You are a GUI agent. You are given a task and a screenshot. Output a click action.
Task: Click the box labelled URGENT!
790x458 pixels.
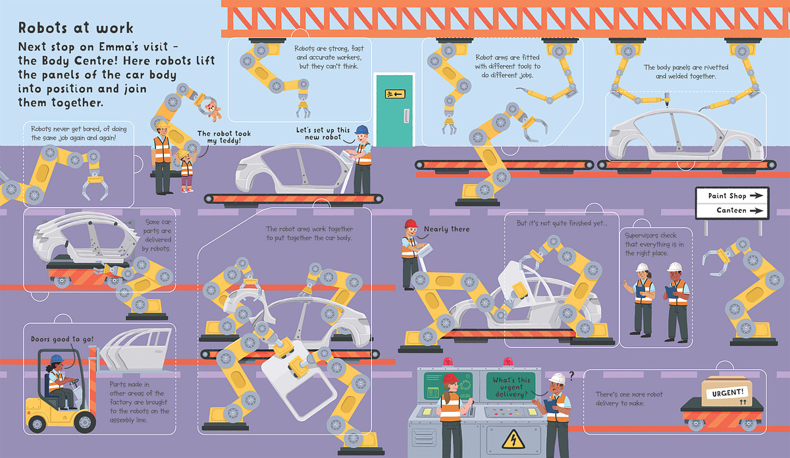(724, 393)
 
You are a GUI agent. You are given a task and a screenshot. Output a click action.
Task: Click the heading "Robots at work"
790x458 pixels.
(76, 28)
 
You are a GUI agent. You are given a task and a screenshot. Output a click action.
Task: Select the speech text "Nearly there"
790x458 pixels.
(447, 229)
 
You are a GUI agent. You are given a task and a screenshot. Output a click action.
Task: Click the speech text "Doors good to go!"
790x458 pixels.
(62, 339)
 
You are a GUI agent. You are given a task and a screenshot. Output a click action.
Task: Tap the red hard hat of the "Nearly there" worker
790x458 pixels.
(411, 223)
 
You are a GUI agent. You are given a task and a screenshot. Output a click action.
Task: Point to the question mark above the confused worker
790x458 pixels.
(571, 376)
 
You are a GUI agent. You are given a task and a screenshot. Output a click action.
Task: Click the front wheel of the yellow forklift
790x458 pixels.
(85, 422)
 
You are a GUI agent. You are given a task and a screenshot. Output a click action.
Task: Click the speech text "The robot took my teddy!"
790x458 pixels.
(224, 137)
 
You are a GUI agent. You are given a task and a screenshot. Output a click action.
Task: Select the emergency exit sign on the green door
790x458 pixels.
(394, 94)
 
